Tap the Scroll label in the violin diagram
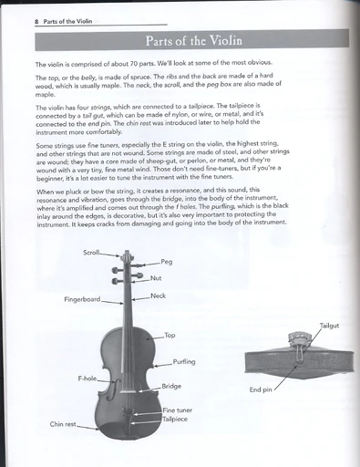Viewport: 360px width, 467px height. point(91,253)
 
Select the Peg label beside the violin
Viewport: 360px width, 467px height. point(166,262)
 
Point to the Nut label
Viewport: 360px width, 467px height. point(156,277)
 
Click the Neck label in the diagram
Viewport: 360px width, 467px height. point(158,297)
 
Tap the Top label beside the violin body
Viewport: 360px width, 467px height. point(170,336)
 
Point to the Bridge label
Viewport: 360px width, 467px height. point(171,386)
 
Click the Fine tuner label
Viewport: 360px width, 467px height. point(177,410)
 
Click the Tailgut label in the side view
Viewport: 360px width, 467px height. point(330,326)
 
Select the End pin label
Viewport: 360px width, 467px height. point(262,390)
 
